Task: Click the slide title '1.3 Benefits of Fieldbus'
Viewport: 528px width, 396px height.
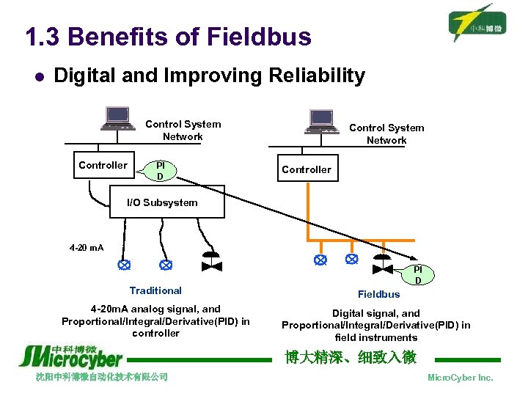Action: point(168,37)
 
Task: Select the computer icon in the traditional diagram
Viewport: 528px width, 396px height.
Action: point(117,118)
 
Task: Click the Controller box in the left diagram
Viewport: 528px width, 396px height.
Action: point(103,166)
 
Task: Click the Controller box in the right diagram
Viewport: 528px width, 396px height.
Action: point(307,169)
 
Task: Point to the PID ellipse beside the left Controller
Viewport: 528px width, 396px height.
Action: point(160,170)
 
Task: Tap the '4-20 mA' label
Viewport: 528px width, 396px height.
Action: point(87,247)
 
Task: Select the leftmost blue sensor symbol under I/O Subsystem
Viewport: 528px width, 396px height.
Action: point(125,263)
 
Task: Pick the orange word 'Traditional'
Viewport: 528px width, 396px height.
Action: point(155,290)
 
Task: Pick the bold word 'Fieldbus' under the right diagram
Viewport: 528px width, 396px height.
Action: point(379,294)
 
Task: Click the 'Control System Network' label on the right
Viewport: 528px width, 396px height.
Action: point(386,133)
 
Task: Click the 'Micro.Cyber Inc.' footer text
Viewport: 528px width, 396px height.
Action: point(460,378)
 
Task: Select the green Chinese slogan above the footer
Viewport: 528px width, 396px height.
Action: point(351,357)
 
